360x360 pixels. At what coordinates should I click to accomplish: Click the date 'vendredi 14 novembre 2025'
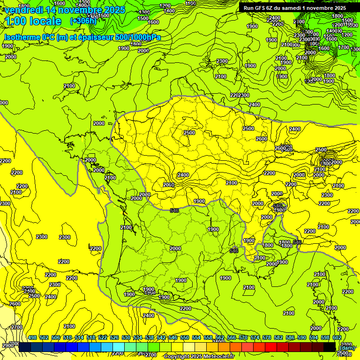[65, 9]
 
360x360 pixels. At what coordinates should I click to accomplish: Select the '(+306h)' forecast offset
[83, 21]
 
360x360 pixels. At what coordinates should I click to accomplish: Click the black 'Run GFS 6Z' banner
[295, 8]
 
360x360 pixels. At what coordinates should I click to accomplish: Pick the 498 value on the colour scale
[32, 337]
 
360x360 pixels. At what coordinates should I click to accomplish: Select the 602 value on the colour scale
[337, 337]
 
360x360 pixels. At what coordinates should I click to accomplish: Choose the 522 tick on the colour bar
[102, 337]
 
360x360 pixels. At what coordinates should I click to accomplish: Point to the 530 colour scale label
[126, 337]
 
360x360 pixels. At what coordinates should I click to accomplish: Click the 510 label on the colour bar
[67, 337]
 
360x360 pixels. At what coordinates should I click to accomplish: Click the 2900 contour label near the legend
[7, 345]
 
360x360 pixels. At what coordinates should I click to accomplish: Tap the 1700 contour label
[344, 47]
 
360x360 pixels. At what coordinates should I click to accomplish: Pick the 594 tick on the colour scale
[313, 337]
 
